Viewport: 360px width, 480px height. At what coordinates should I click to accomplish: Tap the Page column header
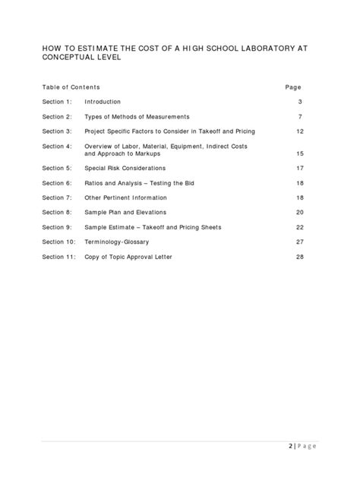[x=293, y=87]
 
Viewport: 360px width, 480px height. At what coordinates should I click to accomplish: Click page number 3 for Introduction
[x=301, y=102]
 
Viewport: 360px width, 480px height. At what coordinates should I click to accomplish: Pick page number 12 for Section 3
[x=299, y=131]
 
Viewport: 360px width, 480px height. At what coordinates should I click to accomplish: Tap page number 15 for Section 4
[x=299, y=153]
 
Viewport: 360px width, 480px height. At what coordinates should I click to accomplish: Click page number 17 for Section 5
[x=299, y=168]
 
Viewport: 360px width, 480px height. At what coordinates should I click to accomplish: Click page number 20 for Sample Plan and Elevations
[x=299, y=212]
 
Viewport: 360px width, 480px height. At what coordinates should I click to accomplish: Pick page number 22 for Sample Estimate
[x=299, y=227]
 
